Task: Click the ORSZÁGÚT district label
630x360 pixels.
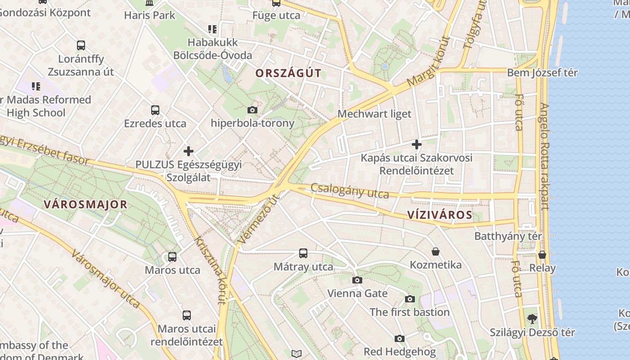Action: (288, 73)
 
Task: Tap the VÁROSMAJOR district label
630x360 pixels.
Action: (85, 205)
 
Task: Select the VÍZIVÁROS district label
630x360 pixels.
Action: (440, 215)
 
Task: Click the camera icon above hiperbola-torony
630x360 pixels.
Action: (252, 110)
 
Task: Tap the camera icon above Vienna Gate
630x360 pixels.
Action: (357, 280)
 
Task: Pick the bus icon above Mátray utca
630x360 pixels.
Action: (303, 253)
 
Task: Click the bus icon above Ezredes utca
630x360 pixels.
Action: (155, 110)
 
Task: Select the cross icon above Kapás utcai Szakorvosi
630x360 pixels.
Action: (417, 144)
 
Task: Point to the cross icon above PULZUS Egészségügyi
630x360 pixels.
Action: (189, 151)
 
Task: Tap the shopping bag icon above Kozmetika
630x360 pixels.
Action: (435, 251)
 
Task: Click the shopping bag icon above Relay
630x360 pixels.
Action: (542, 255)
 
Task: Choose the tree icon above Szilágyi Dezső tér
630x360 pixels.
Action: (532, 319)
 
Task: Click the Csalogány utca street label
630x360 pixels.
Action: (350, 191)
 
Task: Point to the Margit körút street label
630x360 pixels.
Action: (428, 62)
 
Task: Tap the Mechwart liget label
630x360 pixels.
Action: (374, 114)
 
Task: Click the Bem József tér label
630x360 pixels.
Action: (542, 72)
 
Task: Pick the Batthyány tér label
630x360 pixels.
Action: (508, 236)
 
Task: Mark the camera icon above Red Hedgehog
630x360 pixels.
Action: (400, 338)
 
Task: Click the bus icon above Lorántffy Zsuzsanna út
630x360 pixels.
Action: (81, 45)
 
